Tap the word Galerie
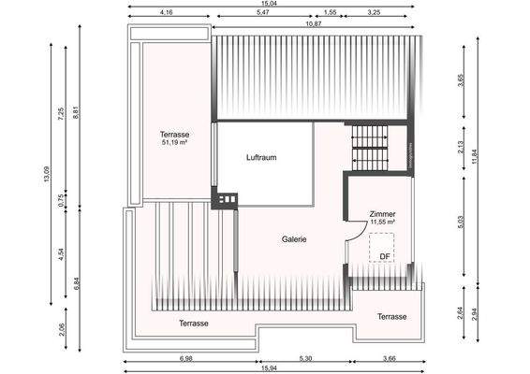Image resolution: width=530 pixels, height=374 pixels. click(x=295, y=239)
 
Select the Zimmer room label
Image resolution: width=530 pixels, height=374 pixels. click(x=383, y=212)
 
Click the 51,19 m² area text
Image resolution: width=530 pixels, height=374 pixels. click(x=175, y=144)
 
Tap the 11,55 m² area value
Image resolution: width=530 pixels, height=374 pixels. click(x=383, y=223)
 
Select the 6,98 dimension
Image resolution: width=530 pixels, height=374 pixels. click(x=184, y=358)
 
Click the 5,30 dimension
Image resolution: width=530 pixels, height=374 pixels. click(x=304, y=358)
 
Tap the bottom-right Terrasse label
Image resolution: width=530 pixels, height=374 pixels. click(x=392, y=317)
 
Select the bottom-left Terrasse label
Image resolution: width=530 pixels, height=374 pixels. click(x=194, y=323)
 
